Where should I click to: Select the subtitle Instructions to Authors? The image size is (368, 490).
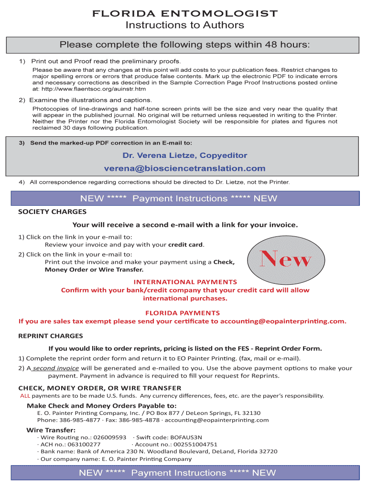point(184,25)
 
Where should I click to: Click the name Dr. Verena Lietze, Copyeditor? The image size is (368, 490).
point(184,156)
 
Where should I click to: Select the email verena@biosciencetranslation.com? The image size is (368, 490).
point(184,168)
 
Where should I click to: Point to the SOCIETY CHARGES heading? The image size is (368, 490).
point(52,212)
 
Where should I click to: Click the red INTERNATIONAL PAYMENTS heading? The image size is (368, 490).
point(185,282)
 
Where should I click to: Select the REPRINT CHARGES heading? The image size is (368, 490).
point(51,335)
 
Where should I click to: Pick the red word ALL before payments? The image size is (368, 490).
point(25,396)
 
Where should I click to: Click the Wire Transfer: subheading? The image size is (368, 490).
point(47,430)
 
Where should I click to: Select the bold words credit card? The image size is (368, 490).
point(186,245)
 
